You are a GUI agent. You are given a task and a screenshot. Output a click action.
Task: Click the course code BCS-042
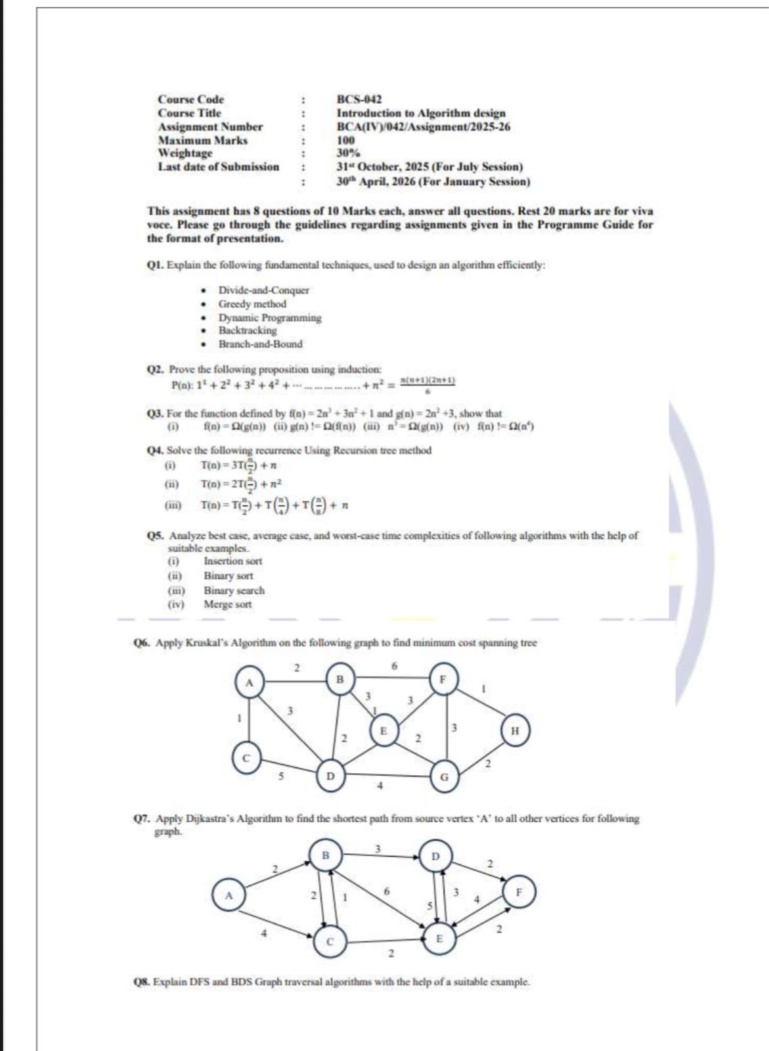(359, 99)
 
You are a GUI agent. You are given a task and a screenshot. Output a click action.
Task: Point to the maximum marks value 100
(345, 140)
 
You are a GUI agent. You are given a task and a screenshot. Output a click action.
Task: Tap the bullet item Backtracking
(248, 330)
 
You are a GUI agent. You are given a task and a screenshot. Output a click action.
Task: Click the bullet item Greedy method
(252, 303)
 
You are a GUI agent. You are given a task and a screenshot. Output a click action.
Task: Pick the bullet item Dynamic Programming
(270, 317)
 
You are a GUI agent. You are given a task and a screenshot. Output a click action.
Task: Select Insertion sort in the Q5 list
(232, 561)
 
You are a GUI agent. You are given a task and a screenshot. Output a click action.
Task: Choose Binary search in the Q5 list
(234, 591)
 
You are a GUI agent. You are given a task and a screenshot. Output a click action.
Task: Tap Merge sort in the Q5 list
(227, 604)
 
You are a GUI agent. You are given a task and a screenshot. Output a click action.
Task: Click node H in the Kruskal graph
(514, 730)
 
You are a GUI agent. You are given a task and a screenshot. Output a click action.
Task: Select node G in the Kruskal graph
(444, 777)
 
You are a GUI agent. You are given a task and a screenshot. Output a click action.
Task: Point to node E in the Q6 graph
(384, 730)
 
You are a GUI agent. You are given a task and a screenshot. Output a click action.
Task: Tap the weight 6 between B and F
(394, 665)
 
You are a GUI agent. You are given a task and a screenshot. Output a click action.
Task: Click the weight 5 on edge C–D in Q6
(281, 775)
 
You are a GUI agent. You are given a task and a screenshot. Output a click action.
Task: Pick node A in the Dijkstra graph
(229, 895)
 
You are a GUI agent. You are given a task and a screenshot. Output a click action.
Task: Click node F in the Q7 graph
(519, 893)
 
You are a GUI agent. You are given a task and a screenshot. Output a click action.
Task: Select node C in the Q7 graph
(330, 941)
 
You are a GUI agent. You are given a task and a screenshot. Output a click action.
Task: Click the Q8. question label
(141, 982)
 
